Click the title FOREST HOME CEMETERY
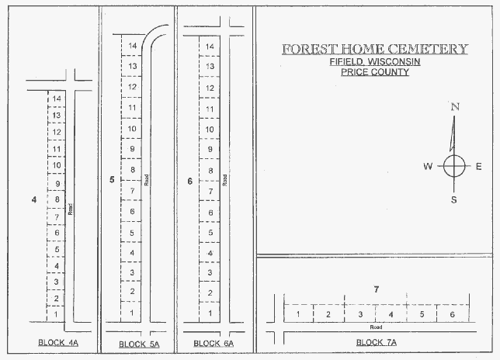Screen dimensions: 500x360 pyautogui.click(x=375, y=49)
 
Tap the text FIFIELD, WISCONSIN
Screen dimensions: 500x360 pyautogui.click(x=375, y=61)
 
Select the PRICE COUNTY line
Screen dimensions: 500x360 pyautogui.click(x=375, y=71)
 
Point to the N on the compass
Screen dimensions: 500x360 pyautogui.click(x=455, y=107)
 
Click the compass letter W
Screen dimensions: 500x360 pyautogui.click(x=428, y=166)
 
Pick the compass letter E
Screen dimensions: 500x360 pyautogui.click(x=478, y=166)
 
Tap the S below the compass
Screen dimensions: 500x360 pyautogui.click(x=453, y=199)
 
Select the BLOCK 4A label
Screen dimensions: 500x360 pyautogui.click(x=58, y=343)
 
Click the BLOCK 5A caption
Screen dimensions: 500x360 pyautogui.click(x=139, y=344)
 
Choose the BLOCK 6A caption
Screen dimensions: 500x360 pyautogui.click(x=214, y=344)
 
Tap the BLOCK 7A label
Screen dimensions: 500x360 pyautogui.click(x=377, y=342)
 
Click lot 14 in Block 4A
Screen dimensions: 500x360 pyautogui.click(x=57, y=99)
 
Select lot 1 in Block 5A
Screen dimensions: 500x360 pyautogui.click(x=131, y=312)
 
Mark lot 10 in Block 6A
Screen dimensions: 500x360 pyautogui.click(x=210, y=129)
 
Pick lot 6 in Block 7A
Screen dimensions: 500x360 pyautogui.click(x=453, y=314)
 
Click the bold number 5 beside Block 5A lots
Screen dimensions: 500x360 pyautogui.click(x=112, y=180)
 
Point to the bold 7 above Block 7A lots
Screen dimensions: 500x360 pyautogui.click(x=377, y=289)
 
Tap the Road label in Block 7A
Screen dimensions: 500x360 pyautogui.click(x=376, y=327)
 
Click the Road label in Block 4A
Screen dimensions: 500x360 pyautogui.click(x=71, y=209)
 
